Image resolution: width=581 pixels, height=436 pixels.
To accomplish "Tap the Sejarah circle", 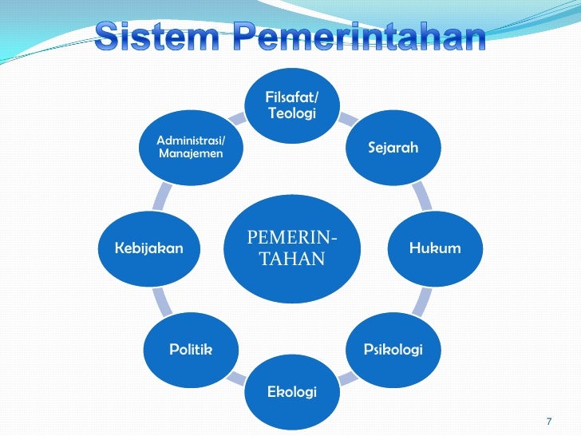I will tap(393, 148).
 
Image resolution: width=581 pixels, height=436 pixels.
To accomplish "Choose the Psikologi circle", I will tap(393, 349).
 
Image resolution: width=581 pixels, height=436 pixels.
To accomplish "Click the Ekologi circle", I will tap(292, 391).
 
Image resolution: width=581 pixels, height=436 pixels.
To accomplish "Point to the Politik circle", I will tap(191, 349).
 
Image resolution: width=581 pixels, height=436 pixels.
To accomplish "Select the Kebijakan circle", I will tap(149, 248).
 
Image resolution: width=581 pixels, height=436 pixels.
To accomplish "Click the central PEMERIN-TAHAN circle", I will tap(292, 248).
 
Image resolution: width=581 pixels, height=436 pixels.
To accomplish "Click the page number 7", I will tap(548, 421).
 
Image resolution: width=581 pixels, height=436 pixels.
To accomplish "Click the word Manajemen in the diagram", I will tap(191, 153).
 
